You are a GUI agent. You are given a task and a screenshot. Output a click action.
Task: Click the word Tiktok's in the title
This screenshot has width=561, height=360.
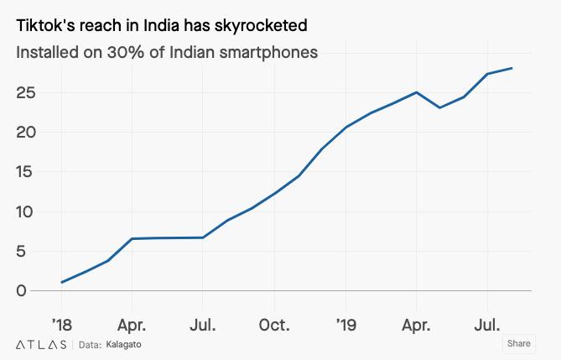44,28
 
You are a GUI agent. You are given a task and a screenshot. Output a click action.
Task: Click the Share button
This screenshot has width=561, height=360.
518,343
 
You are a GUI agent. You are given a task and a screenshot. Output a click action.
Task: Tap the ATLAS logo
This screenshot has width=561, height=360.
41,344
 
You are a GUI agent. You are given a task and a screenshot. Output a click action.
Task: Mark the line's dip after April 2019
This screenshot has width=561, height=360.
439,107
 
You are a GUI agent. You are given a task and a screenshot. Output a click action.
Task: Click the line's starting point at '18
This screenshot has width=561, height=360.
61,282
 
